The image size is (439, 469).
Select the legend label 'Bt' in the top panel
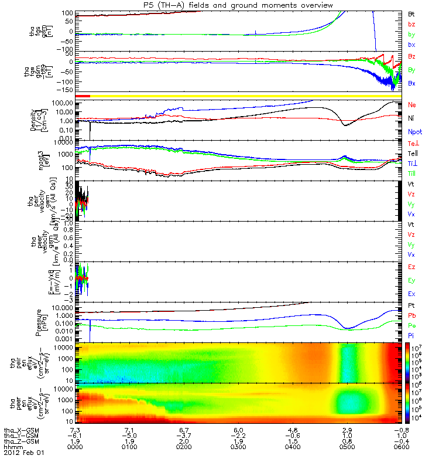pos(411,13)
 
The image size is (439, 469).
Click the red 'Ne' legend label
pos(412,104)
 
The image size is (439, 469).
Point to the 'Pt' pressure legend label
pos(411,306)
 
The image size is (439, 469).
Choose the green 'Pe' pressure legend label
pos(412,325)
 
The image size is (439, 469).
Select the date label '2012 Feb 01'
pos(24,453)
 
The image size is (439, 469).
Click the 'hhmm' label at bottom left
pos(13,447)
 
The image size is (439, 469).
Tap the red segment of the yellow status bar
pos(83,96)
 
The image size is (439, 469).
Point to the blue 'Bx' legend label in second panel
pos(412,83)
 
